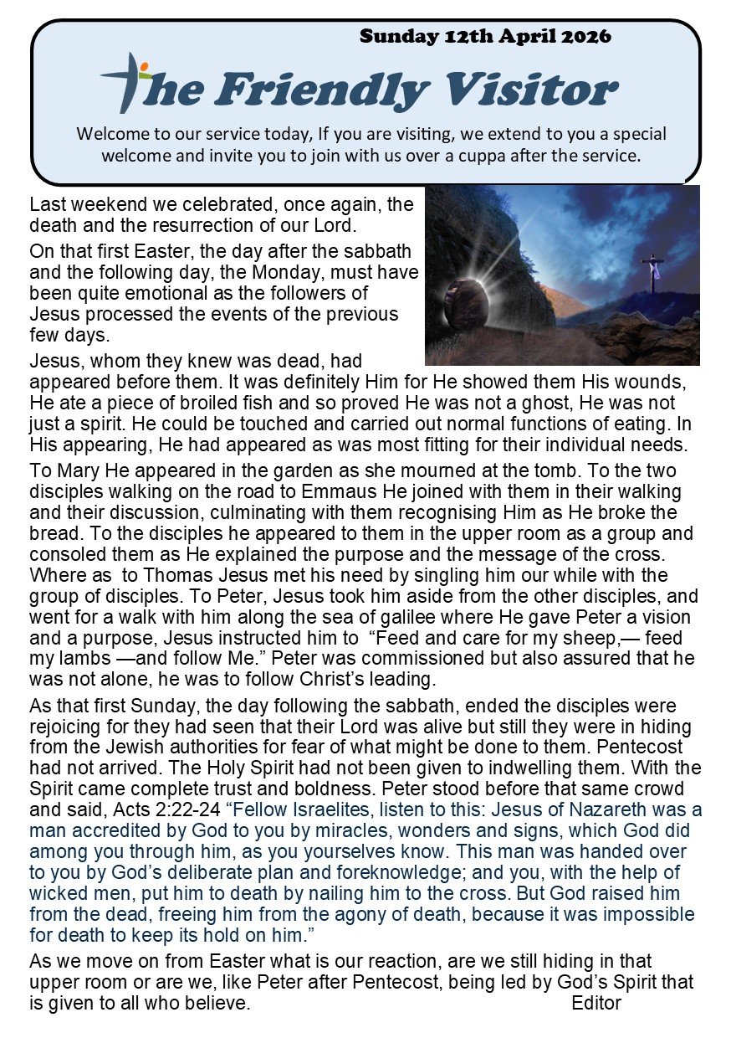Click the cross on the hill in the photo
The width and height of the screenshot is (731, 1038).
coord(652,270)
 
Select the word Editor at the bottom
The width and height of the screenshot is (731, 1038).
coord(596,1003)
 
